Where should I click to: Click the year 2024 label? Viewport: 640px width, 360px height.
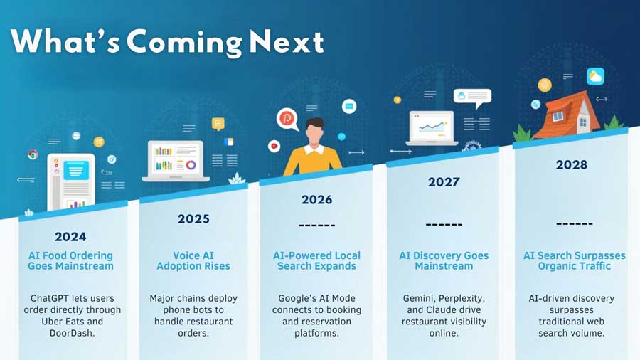pyautogui.click(x=70, y=237)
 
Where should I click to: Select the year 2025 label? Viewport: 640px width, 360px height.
pyautogui.click(x=193, y=219)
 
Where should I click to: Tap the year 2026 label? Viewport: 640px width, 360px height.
pyautogui.click(x=316, y=200)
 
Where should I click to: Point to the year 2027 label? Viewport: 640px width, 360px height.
pyautogui.click(x=444, y=181)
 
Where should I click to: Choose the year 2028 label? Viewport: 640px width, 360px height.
pyautogui.click(x=572, y=164)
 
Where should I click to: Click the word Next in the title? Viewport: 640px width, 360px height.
pyautogui.click(x=287, y=42)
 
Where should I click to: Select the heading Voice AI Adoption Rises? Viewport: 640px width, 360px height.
pyautogui.click(x=193, y=261)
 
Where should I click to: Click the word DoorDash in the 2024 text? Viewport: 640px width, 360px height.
pyautogui.click(x=73, y=333)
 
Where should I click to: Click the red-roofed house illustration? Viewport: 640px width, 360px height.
pyautogui.click(x=566, y=115)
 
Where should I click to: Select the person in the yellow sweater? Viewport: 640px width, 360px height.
pyautogui.click(x=313, y=147)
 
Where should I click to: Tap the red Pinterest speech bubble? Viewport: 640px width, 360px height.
pyautogui.click(x=287, y=119)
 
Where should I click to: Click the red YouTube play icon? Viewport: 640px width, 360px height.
pyautogui.click(x=274, y=146)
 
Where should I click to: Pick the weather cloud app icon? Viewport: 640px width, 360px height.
pyautogui.click(x=595, y=76)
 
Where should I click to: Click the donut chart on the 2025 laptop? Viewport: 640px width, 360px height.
pyautogui.click(x=191, y=165)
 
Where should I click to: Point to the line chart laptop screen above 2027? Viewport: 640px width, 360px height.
pyautogui.click(x=432, y=127)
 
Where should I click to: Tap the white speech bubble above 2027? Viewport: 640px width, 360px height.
pyautogui.click(x=473, y=98)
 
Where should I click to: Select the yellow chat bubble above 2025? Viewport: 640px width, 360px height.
pyautogui.click(x=218, y=124)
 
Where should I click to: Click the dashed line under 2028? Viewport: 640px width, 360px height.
pyautogui.click(x=575, y=223)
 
